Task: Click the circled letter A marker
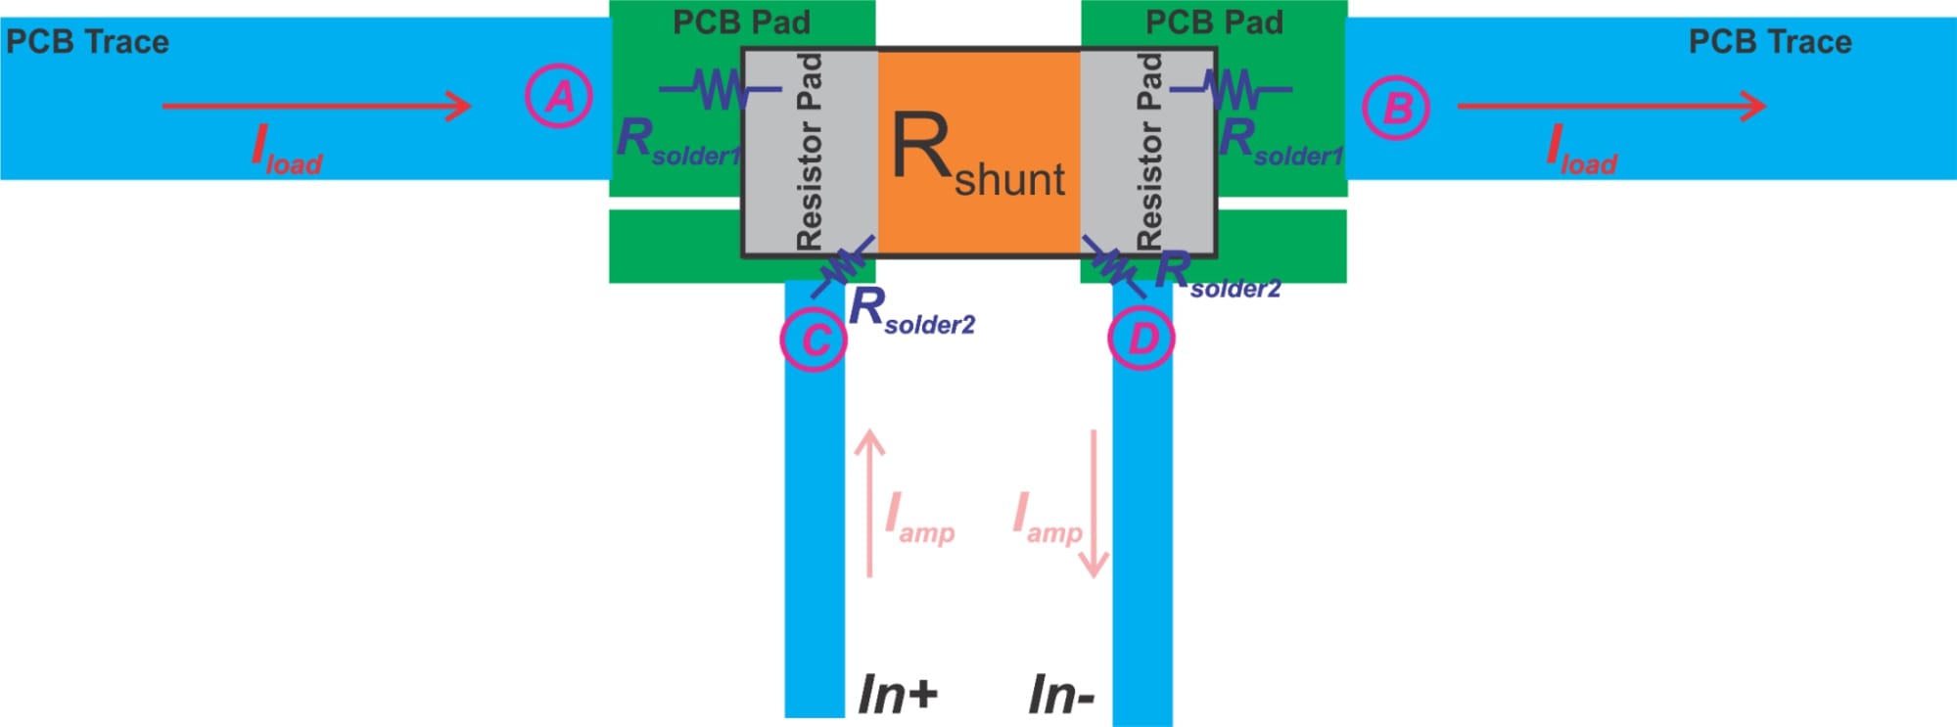coord(559,96)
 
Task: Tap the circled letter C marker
coord(814,339)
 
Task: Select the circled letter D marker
coord(1142,338)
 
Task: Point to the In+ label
coord(897,695)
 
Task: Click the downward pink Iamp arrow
coord(1094,503)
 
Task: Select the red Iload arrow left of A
coord(316,106)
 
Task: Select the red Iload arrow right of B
coord(1610,106)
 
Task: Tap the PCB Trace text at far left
coord(87,42)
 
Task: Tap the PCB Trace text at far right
coord(1770,42)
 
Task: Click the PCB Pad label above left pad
coord(741,22)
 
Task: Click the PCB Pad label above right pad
coord(1214,22)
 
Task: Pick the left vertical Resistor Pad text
coord(810,152)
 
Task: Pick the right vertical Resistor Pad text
coord(1149,152)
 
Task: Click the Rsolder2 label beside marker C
coord(911,311)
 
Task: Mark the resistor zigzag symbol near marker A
coord(720,90)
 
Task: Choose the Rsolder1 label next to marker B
coord(1281,142)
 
